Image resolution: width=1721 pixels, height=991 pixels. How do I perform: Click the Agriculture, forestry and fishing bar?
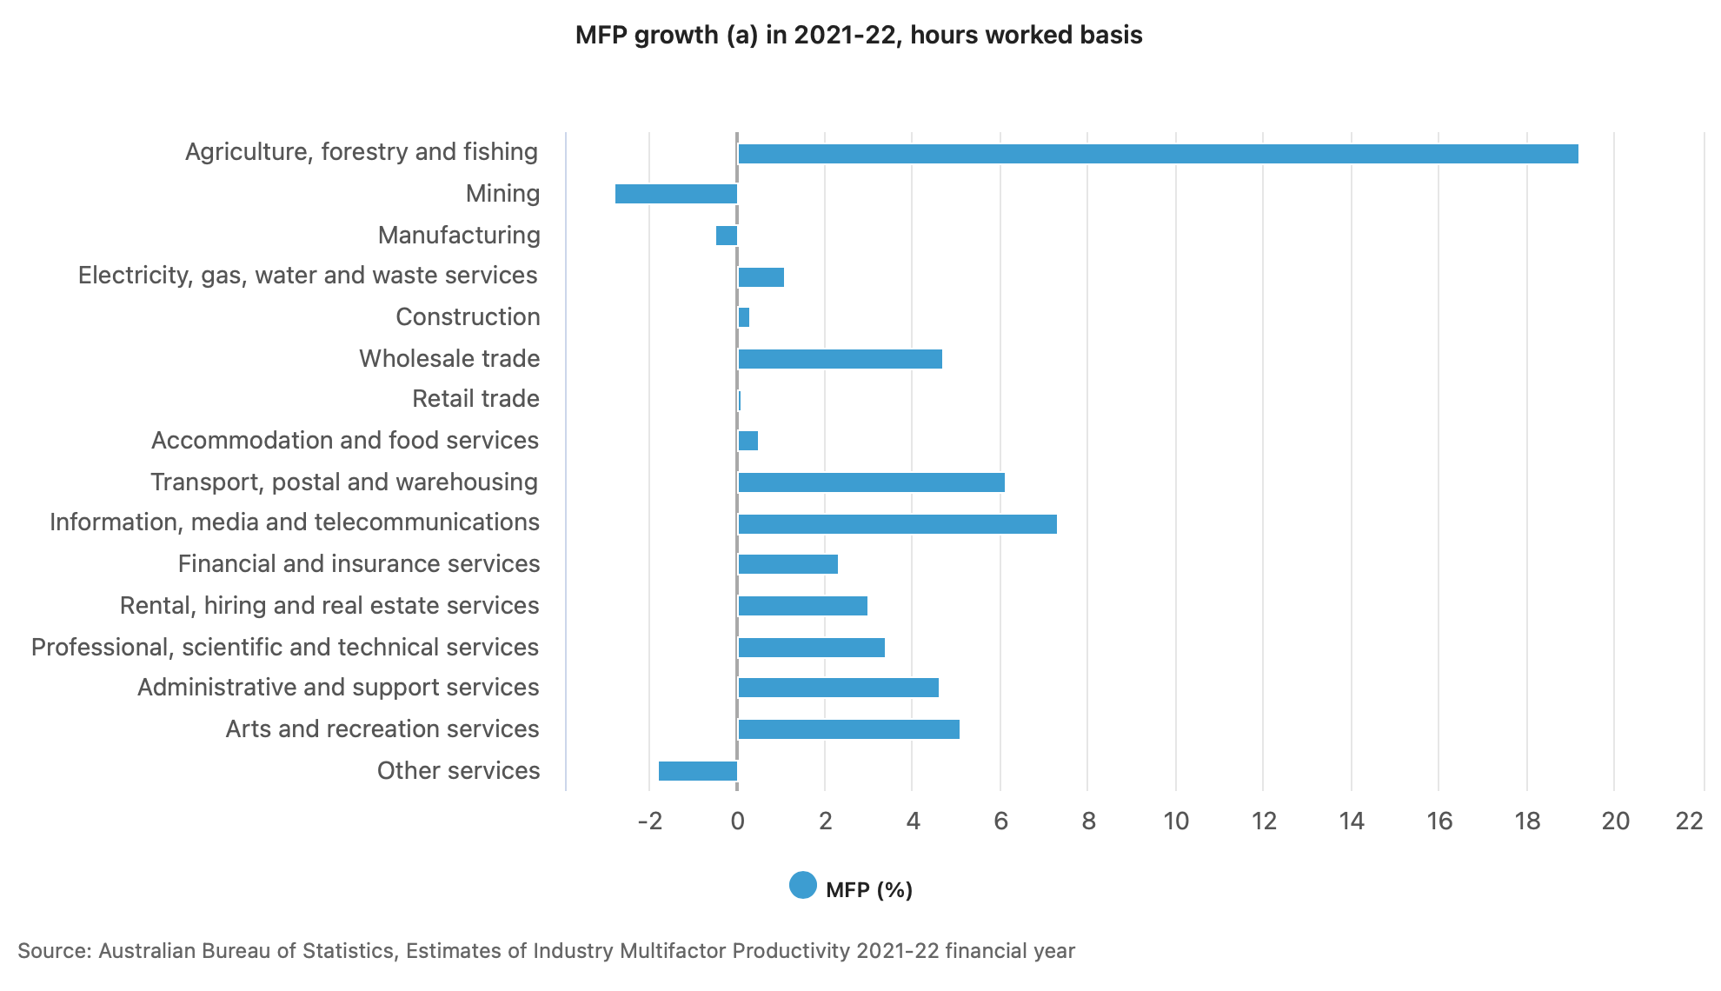[1158, 154]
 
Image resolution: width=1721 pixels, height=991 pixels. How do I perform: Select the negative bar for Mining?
[676, 194]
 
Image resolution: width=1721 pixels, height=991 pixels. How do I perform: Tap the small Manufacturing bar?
[727, 236]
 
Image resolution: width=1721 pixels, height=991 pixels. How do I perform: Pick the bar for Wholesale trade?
[840, 359]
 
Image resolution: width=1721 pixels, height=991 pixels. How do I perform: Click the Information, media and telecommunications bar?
[897, 524]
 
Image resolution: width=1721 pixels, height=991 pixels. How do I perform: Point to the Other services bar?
[698, 771]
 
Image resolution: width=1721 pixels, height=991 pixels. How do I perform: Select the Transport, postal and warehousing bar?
[871, 482]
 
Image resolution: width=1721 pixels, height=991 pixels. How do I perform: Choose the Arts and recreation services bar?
[848, 729]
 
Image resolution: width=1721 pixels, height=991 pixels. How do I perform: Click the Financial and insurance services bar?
[787, 564]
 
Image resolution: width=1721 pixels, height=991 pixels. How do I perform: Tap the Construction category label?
[468, 317]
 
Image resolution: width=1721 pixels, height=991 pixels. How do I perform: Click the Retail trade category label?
[475, 399]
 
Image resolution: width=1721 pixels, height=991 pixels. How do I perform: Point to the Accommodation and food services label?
[345, 441]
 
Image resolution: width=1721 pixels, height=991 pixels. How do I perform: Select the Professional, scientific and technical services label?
[285, 648]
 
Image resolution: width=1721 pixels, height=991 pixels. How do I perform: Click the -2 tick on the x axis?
[650, 821]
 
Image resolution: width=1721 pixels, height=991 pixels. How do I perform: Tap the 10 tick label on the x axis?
[1176, 821]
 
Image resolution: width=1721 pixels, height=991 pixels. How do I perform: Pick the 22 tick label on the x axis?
[1689, 821]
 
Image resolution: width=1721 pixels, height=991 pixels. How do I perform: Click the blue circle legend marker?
[803, 886]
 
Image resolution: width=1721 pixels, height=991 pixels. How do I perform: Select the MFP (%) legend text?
[869, 889]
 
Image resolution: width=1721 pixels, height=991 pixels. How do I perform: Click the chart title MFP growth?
[859, 36]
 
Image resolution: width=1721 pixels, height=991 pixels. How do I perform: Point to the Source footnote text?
[546, 951]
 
